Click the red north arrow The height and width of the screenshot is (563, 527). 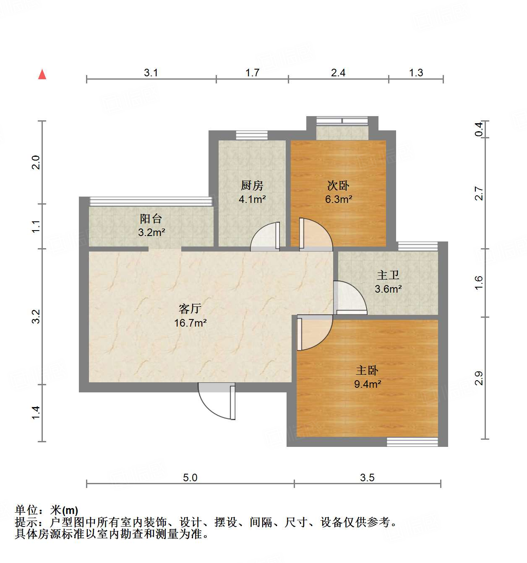[42, 74]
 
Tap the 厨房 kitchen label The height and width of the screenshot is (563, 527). [252, 185]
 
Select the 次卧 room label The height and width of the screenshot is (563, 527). [338, 185]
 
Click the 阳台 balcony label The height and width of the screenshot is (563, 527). [151, 218]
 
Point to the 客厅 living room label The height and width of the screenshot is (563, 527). [190, 309]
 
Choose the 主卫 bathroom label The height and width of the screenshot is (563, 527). [388, 275]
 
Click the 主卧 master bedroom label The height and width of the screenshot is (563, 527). [367, 371]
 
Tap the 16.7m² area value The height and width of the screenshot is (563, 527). [190, 323]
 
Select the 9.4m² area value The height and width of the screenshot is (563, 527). [368, 384]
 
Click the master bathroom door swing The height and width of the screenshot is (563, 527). [350, 298]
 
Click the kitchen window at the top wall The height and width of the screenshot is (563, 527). [252, 135]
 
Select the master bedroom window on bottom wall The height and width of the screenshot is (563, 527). [412, 441]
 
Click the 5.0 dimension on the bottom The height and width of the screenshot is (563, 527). [190, 477]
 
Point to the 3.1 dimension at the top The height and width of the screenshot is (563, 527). [151, 73]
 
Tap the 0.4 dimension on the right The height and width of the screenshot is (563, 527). [479, 129]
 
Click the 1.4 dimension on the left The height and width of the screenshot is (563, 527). [36, 413]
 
